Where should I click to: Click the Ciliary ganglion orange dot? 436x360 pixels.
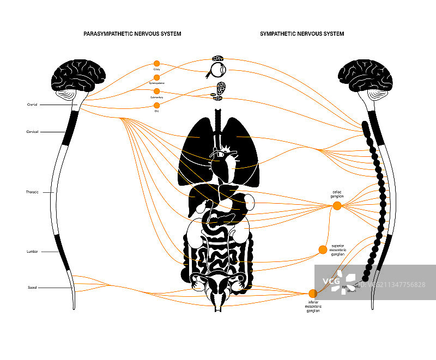tap(157, 63)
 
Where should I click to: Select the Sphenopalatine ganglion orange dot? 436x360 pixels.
tap(157, 77)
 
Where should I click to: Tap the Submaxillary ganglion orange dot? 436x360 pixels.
tap(157, 91)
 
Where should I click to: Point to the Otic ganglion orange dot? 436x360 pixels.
tap(157, 105)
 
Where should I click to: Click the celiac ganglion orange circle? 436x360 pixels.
tap(337, 205)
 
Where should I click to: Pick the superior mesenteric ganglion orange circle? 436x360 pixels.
tap(323, 249)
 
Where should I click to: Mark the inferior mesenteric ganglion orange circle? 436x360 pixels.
tap(313, 294)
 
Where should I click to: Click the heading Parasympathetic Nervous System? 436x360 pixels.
tap(132, 34)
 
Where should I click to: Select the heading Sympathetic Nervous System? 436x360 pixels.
tap(302, 34)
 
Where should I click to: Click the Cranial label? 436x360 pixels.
tap(32, 105)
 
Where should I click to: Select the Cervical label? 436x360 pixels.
tap(32, 132)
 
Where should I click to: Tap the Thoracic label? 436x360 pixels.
tap(32, 192)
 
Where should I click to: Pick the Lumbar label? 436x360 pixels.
tap(32, 252)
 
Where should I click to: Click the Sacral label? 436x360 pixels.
tap(32, 287)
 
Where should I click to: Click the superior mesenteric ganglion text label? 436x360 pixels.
tap(338, 249)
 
